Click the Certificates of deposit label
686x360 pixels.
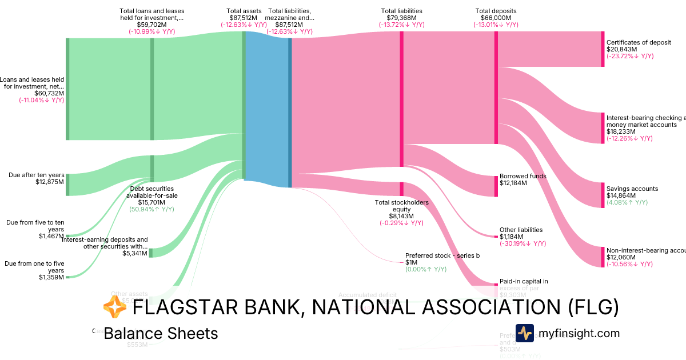(639, 42)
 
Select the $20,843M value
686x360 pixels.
(621, 49)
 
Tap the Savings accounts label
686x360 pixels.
(632, 189)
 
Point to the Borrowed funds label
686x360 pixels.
(523, 176)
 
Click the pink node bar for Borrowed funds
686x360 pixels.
(496, 186)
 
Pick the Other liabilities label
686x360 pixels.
(521, 230)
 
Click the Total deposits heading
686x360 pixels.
(496, 11)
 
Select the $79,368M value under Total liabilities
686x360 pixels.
(401, 18)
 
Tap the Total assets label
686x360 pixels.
(244, 11)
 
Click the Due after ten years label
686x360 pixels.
(36, 175)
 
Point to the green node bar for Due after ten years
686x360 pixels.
(67, 185)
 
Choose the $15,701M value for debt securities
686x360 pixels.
(151, 202)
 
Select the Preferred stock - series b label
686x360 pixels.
(442, 255)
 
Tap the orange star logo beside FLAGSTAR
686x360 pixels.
(114, 307)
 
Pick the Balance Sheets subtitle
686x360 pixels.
(161, 333)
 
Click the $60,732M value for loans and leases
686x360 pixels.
(49, 93)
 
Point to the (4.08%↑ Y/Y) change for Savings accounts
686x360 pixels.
(627, 202)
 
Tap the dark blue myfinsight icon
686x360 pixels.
(524, 333)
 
